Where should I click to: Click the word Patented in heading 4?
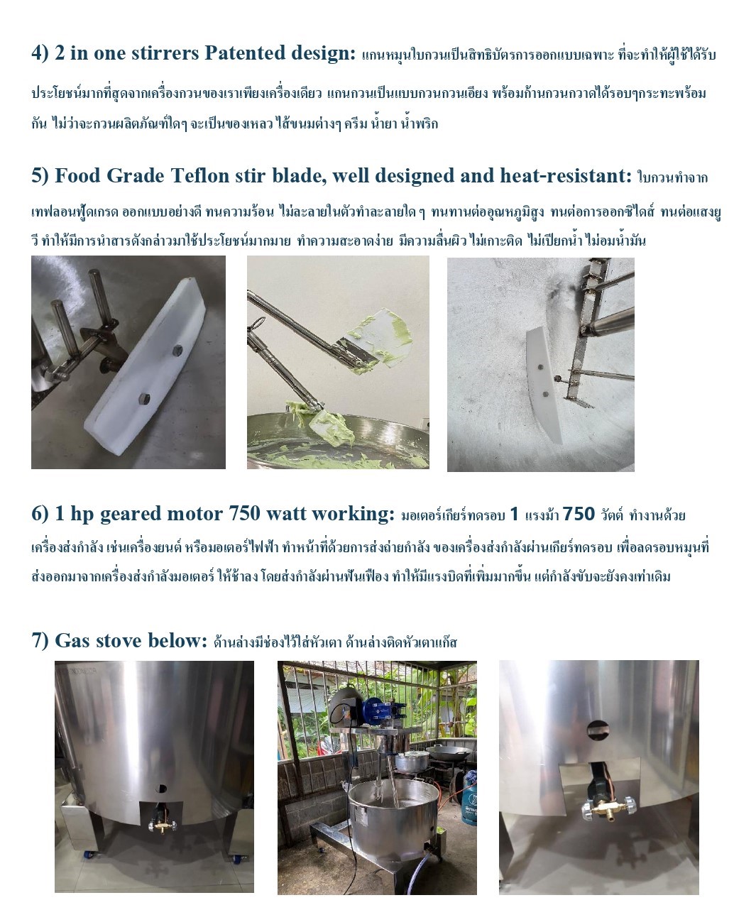[245, 53]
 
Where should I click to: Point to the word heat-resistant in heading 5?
[566, 175]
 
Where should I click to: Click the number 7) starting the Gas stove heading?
[40, 641]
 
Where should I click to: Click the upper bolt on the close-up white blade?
[177, 351]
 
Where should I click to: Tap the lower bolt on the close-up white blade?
[144, 399]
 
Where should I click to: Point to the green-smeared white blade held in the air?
[376, 338]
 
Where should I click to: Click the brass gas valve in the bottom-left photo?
[161, 826]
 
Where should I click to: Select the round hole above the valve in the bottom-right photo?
[598, 730]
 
